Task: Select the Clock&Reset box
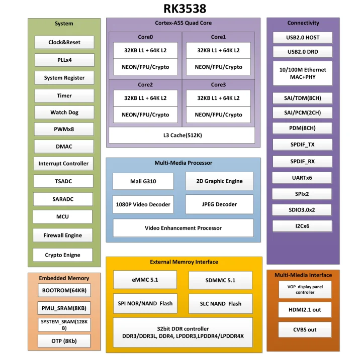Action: click(64, 42)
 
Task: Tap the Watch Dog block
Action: click(64, 112)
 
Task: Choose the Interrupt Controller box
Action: click(63, 163)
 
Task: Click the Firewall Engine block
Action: click(63, 235)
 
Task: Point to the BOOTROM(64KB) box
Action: click(64, 291)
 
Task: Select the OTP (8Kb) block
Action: click(64, 341)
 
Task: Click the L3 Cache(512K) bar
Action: click(182, 135)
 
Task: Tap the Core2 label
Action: click(145, 85)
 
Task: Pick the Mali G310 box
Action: click(143, 181)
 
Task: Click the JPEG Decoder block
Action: click(219, 204)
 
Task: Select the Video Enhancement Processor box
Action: click(183, 228)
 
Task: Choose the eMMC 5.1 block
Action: click(145, 280)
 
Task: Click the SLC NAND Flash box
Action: click(221, 303)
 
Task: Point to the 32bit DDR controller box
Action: click(183, 332)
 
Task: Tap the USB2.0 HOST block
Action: click(303, 38)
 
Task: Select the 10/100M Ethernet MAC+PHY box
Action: click(303, 73)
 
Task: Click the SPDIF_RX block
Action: click(303, 161)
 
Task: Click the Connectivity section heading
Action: click(303, 23)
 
